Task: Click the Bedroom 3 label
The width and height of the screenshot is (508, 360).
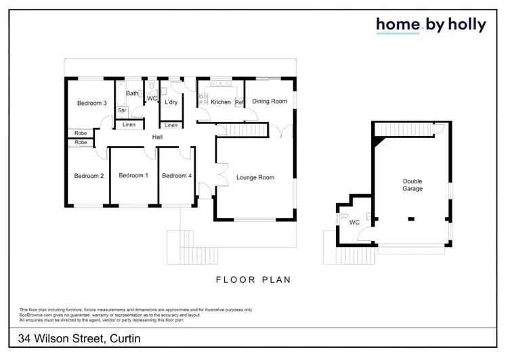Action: (x=91, y=103)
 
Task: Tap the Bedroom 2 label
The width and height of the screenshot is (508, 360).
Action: (x=89, y=176)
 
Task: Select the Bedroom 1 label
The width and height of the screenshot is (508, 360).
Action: (x=133, y=176)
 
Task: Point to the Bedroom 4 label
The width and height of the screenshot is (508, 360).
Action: (x=177, y=176)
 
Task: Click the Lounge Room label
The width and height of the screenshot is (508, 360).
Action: (x=255, y=178)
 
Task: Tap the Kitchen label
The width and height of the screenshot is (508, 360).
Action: (x=221, y=102)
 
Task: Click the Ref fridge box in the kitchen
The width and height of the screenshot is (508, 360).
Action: (x=239, y=102)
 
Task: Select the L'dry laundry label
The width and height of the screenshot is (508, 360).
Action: (x=171, y=102)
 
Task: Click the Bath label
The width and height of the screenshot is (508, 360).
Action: (x=132, y=93)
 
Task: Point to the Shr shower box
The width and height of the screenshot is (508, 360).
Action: (x=123, y=110)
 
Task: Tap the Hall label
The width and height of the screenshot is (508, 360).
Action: (x=157, y=137)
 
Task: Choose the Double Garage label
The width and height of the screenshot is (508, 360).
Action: (x=412, y=185)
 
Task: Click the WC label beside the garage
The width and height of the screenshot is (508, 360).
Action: (x=354, y=222)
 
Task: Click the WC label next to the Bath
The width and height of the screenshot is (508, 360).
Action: (x=152, y=99)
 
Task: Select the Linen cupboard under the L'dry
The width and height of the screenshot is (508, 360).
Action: (x=171, y=125)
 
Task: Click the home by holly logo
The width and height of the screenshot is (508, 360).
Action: (x=431, y=25)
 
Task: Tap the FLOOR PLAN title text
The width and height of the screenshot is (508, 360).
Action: (x=253, y=279)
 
